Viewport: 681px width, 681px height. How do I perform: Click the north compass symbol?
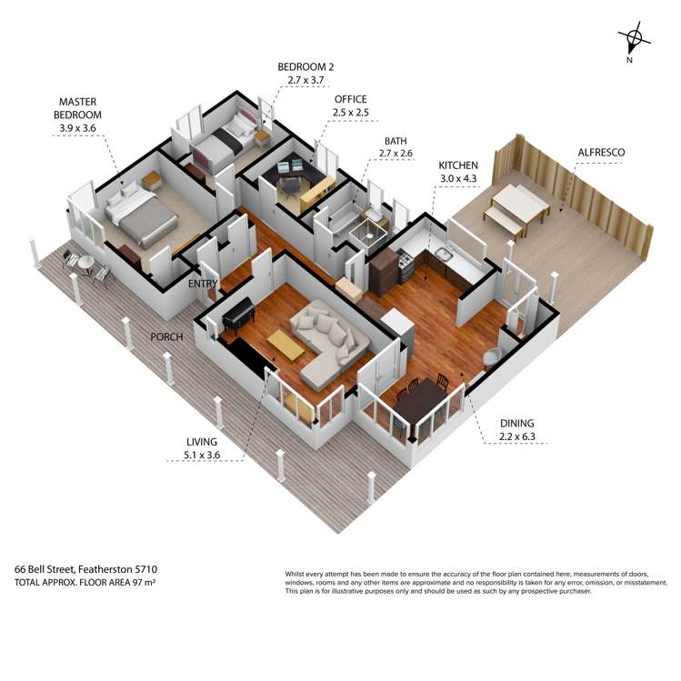(634, 41)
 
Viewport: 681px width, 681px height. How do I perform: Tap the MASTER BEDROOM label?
(78, 108)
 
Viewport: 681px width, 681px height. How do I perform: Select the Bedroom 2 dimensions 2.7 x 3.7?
(305, 80)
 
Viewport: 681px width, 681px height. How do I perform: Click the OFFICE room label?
(350, 99)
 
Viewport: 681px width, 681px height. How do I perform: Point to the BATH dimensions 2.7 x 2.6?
(396, 154)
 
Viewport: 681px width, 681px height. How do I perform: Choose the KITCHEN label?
(458, 165)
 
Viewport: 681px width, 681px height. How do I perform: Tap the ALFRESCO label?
(601, 153)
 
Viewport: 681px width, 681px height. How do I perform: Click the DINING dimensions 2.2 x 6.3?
(516, 436)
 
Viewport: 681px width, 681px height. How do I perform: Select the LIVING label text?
(202, 442)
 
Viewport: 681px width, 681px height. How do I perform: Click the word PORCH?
(166, 336)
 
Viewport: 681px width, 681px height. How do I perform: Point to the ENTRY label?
(203, 284)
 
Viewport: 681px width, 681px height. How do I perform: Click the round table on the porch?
(86, 262)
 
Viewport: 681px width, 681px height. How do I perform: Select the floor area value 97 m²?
(145, 582)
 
